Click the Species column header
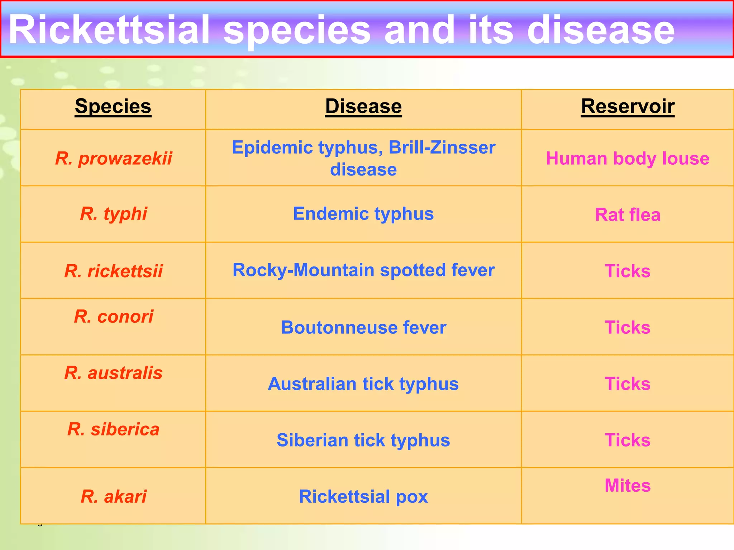pos(113,106)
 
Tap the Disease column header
pos(363,106)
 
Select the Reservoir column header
pos(628,106)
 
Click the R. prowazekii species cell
pos(114,158)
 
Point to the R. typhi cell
pos(114,214)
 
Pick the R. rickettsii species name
pos(114,271)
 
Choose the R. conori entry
pos(114,317)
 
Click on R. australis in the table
pos(114,373)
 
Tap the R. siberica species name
pos(114,429)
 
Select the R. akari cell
pos(114,496)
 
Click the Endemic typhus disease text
pos(363,214)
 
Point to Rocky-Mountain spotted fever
pos(363,270)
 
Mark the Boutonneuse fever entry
pos(363,327)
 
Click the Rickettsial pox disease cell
pos(363,496)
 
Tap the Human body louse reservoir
pos(628,158)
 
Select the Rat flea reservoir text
pos(628,215)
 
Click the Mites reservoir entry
pos(628,486)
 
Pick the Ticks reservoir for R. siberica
pos(628,440)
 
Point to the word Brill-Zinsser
pos(442,148)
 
